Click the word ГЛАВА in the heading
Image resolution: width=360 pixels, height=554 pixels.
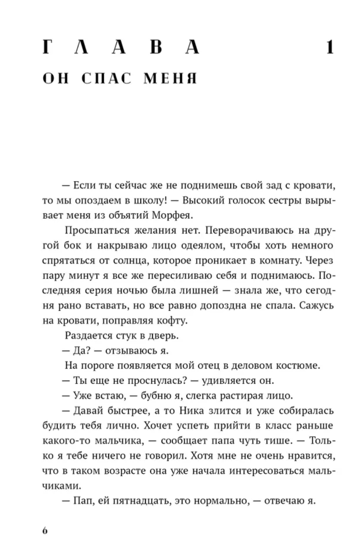[x=121, y=48]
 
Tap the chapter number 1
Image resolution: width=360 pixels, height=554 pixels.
[x=330, y=48]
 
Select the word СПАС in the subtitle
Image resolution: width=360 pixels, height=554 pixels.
[x=107, y=78]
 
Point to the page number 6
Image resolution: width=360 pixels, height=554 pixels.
[x=45, y=531]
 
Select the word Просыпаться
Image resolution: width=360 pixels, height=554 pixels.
[x=97, y=230]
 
